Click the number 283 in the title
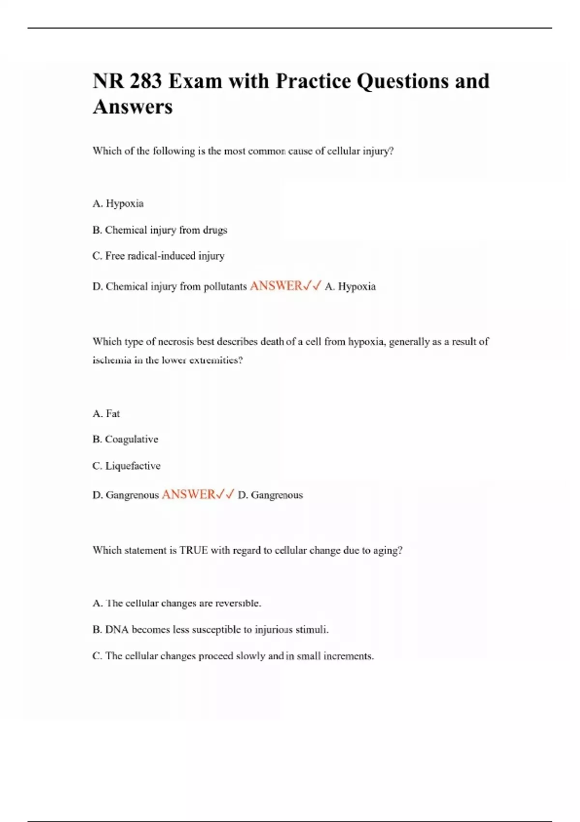click(145, 81)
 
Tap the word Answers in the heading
click(132, 107)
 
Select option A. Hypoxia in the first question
click(118, 204)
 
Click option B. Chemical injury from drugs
click(159, 230)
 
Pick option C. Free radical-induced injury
click(158, 256)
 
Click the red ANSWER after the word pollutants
click(276, 286)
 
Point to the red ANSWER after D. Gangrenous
click(188, 495)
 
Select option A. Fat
click(106, 413)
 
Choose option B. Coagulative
click(125, 440)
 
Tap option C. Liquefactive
click(126, 466)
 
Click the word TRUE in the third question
click(193, 550)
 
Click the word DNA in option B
click(116, 630)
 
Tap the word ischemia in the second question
click(112, 360)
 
